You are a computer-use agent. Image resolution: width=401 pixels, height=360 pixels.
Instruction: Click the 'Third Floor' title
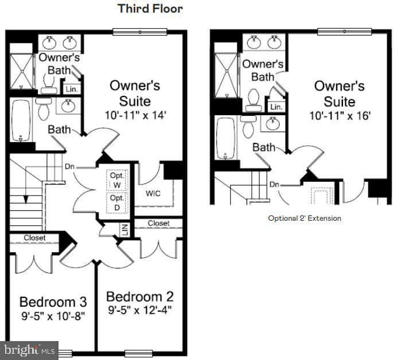click(x=150, y=9)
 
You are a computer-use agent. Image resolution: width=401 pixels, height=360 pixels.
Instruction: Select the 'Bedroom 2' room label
click(x=139, y=297)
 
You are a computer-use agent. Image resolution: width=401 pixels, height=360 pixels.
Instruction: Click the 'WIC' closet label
click(x=153, y=193)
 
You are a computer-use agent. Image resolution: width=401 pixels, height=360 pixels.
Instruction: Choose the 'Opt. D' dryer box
click(x=117, y=201)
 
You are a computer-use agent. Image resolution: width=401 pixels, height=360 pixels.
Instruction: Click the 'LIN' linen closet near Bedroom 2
click(x=124, y=229)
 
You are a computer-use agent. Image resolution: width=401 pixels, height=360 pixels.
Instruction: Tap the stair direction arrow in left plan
click(x=25, y=199)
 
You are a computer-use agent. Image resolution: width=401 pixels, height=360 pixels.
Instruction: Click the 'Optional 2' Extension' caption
click(x=304, y=218)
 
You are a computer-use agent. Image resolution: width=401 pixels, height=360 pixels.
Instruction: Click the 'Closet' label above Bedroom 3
click(x=34, y=237)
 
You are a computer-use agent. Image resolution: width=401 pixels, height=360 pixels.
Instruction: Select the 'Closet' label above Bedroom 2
click(x=158, y=223)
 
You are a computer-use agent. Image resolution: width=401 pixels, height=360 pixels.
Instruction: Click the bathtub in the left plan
click(x=21, y=120)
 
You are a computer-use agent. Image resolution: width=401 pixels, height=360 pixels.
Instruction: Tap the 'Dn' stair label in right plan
click(x=275, y=185)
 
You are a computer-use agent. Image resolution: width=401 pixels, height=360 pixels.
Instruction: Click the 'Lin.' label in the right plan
click(x=276, y=107)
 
